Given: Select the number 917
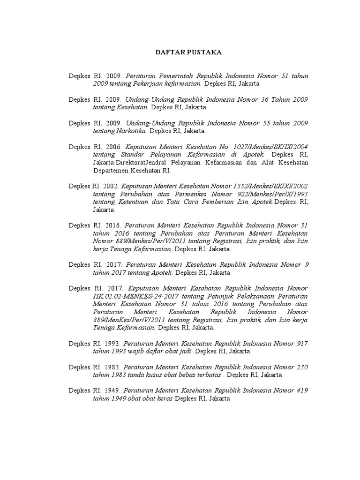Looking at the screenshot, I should click(x=302, y=344).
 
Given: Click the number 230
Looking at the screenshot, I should click(x=302, y=367).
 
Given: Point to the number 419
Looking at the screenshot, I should click(x=302, y=390).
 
